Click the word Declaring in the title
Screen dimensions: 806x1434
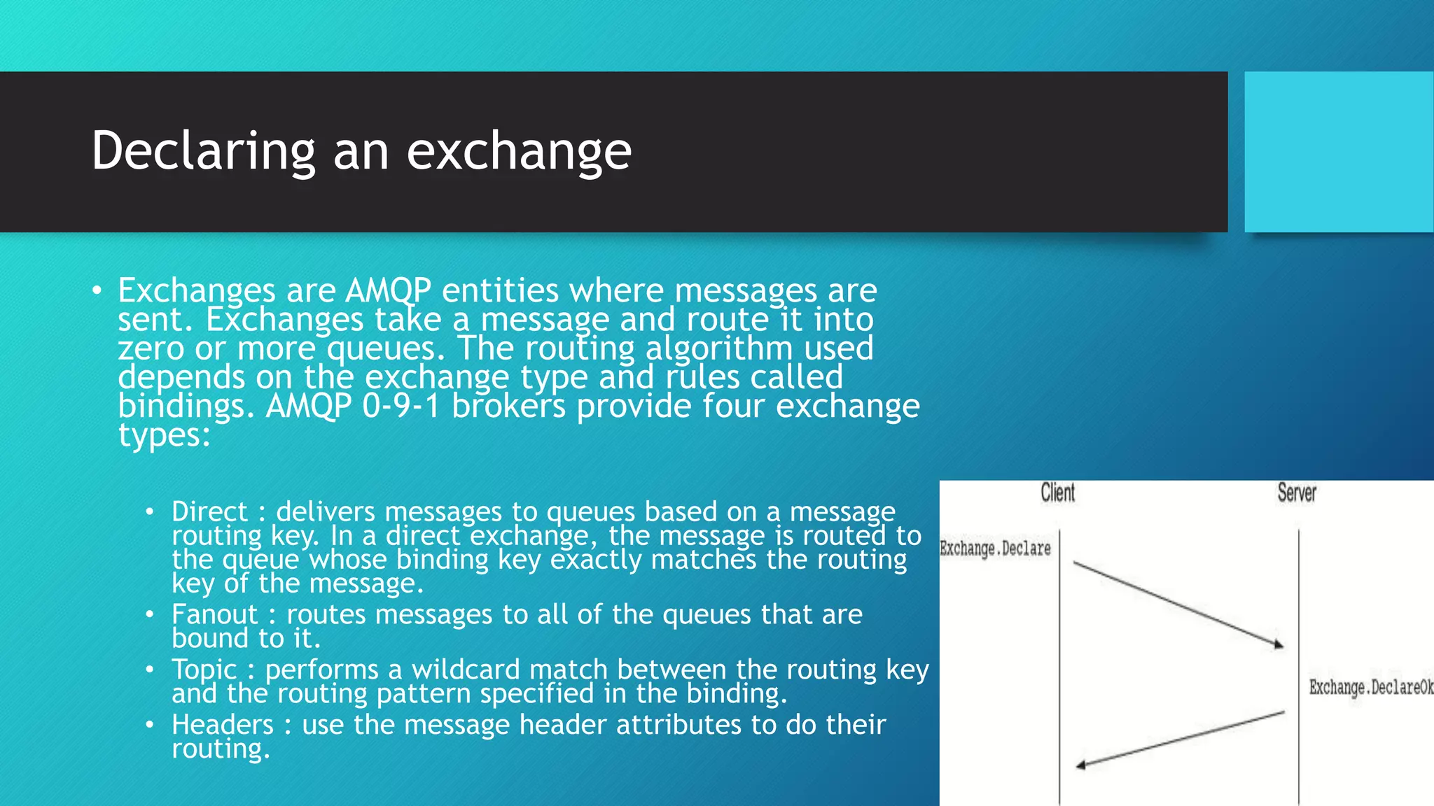(203, 151)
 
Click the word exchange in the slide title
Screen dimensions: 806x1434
(519, 151)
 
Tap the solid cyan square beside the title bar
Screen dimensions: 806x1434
(1339, 152)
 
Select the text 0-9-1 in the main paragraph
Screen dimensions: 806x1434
(401, 406)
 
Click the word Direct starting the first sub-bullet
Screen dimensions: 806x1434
(209, 511)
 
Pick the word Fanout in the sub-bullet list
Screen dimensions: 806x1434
(214, 614)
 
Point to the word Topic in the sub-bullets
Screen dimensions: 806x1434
(204, 670)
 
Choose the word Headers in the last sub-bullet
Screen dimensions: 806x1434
(223, 725)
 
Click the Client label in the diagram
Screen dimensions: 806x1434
(1057, 493)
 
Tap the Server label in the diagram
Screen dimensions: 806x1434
(1297, 493)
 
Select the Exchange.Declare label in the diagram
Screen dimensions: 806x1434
(995, 549)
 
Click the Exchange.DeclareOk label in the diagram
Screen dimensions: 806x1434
(1371, 688)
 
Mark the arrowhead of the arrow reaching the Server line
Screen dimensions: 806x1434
(1279, 644)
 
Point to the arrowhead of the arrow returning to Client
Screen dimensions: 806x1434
(1080, 765)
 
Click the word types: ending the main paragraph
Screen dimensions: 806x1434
(164, 435)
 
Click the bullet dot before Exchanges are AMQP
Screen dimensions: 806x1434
(97, 290)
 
